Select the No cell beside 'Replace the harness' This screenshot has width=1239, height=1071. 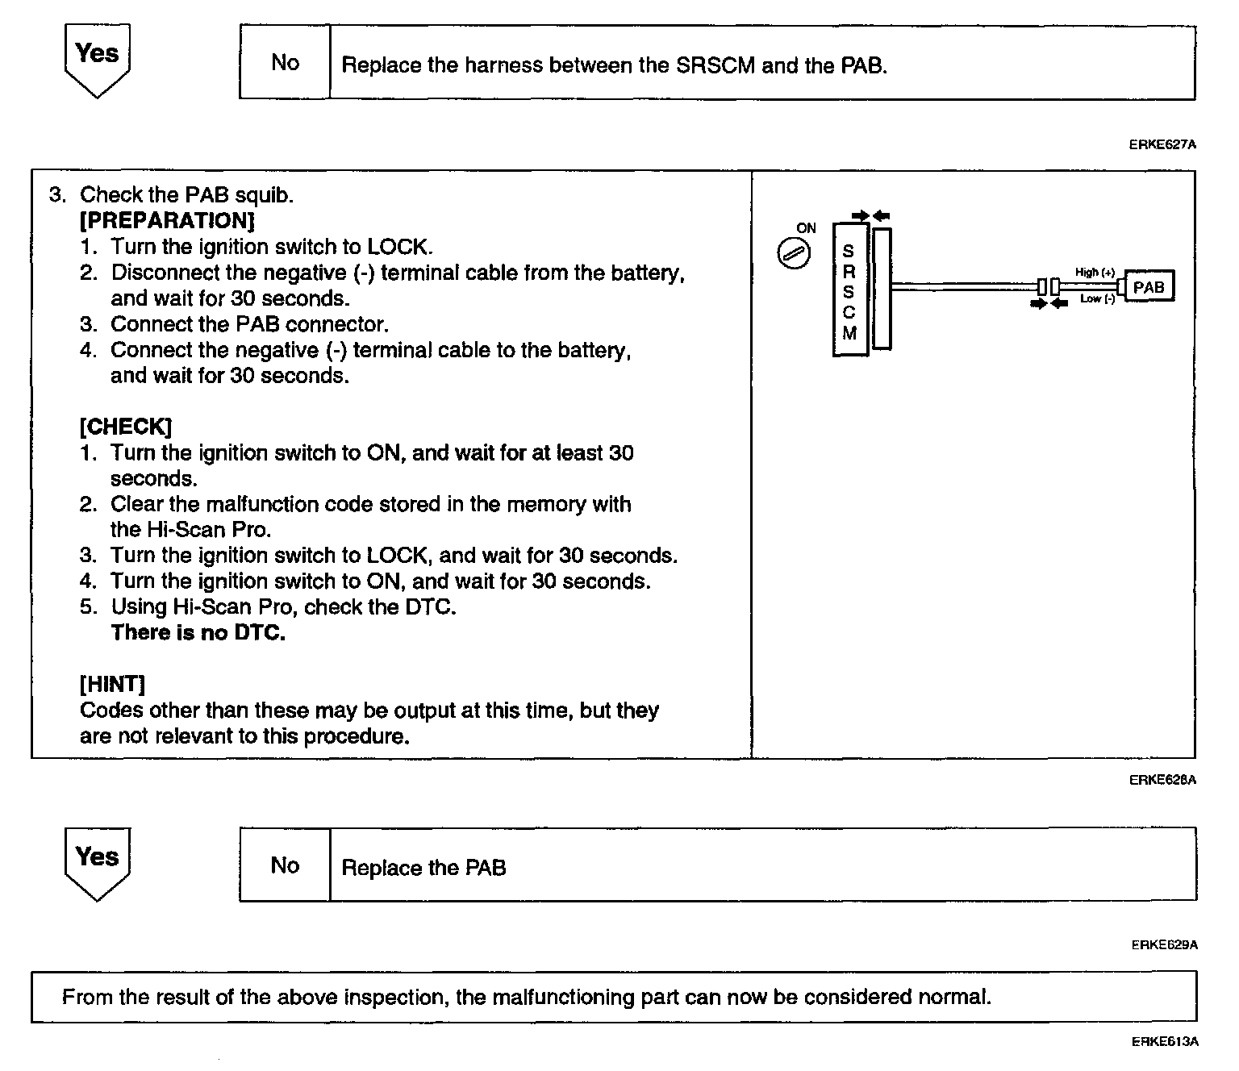click(x=285, y=63)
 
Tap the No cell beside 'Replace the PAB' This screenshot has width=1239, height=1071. click(x=285, y=865)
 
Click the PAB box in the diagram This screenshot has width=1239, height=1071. click(x=1149, y=287)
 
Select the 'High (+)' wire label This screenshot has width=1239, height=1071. click(x=1095, y=273)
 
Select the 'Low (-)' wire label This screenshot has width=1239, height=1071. click(x=1097, y=299)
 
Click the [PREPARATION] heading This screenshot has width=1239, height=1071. click(x=167, y=221)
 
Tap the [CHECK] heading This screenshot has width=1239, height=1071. click(x=126, y=427)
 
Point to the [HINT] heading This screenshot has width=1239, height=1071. click(x=112, y=685)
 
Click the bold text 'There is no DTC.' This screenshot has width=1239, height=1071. click(x=198, y=633)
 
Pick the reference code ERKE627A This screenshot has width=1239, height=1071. click(x=1162, y=145)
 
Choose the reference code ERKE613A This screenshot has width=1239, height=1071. click(x=1164, y=1042)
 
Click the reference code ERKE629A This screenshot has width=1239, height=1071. click(x=1164, y=945)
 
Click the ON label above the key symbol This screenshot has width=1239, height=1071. click(x=806, y=228)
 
